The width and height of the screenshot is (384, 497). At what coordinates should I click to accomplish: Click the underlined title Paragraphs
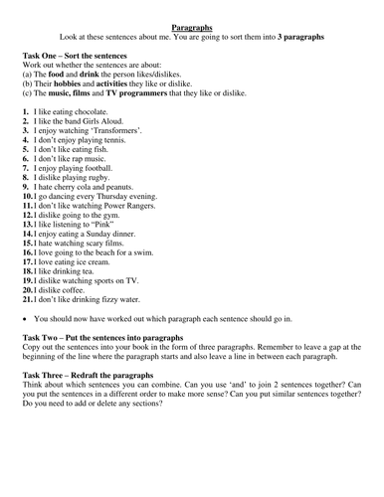[192, 30]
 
